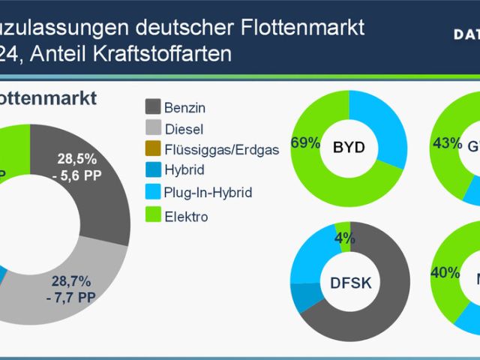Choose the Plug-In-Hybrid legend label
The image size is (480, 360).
208,192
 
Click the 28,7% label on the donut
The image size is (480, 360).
70,282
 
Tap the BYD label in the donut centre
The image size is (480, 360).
348,147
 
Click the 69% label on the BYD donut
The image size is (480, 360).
306,143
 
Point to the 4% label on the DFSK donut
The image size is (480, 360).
345,238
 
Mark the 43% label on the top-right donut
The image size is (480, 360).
447,142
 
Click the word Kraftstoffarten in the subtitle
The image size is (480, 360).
164,54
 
